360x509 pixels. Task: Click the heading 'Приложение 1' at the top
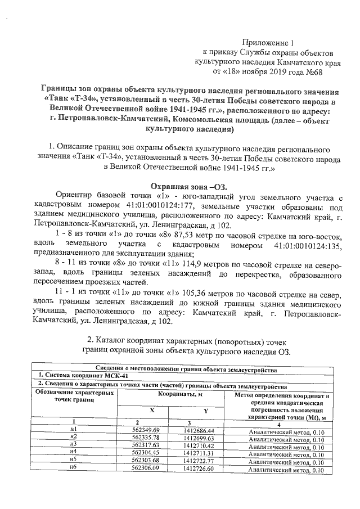pos(269,43)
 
